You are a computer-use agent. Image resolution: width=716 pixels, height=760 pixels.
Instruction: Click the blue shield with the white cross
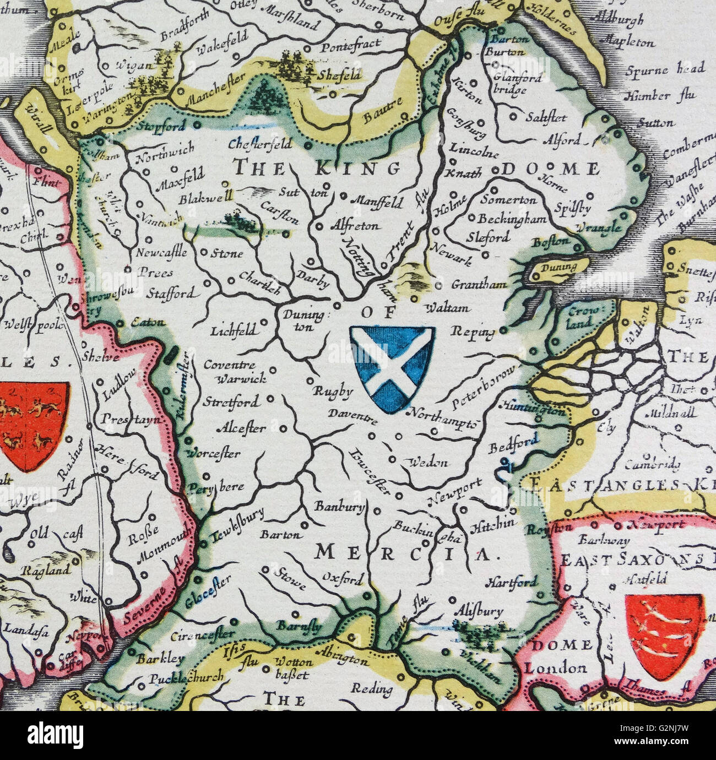pyautogui.click(x=392, y=368)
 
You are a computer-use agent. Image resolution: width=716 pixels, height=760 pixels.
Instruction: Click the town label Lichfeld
pyautogui.click(x=233, y=331)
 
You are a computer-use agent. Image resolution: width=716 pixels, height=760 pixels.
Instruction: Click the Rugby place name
pyautogui.click(x=333, y=392)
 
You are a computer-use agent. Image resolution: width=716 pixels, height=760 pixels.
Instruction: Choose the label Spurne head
pyautogui.click(x=665, y=70)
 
